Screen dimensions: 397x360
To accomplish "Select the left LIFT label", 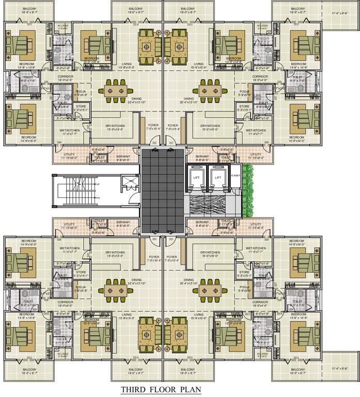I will point(196,177).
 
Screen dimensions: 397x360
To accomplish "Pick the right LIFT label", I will point(217,177).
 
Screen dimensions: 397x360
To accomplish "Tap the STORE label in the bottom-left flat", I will point(80,272).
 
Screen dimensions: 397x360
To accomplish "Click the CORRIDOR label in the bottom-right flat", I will point(259,302).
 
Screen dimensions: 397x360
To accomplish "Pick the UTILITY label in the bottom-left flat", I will point(70,224).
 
